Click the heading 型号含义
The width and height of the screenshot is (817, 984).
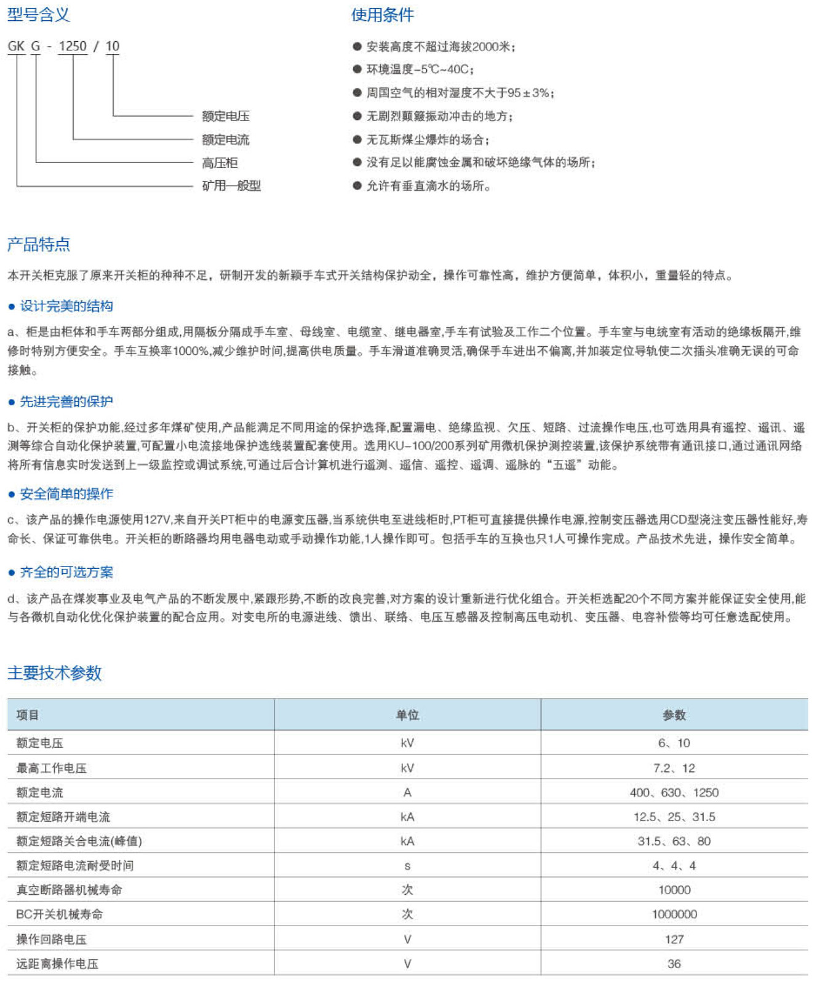pos(38,15)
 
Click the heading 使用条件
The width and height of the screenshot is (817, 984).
pos(382,15)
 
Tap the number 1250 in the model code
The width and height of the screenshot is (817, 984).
pos(73,46)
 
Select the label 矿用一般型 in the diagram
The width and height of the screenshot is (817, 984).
pos(231,186)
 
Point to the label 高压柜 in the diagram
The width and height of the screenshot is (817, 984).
pos(220,163)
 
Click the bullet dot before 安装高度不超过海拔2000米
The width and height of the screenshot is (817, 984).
pos(357,46)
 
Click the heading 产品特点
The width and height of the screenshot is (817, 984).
pos(38,244)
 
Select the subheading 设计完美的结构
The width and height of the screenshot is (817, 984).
pos(66,306)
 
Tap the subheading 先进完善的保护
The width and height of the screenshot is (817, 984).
pos(66,402)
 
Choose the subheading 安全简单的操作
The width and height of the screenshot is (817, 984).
pos(66,494)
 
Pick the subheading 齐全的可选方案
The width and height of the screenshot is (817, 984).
pos(66,572)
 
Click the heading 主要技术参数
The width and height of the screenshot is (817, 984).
pos(54,673)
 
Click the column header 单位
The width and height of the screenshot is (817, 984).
pos(407,715)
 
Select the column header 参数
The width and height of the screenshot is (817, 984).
pos(674,715)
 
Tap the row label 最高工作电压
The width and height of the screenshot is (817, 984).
pos(52,768)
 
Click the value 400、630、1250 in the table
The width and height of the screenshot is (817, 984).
pos(674,793)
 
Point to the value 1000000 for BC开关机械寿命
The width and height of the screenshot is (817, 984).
pos(674,915)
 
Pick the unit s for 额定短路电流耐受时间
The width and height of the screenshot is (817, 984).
pos(407,866)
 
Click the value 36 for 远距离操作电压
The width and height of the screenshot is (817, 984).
pos(674,964)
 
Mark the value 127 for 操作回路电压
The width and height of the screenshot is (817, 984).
pos(674,939)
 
